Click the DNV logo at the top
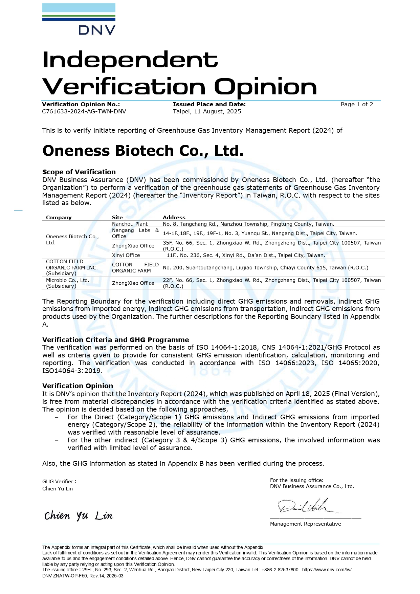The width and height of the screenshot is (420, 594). click(79, 19)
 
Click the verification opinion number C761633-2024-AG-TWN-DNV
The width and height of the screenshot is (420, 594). click(84, 112)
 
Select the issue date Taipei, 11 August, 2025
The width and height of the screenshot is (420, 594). click(207, 112)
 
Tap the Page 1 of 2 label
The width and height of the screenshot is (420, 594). click(357, 105)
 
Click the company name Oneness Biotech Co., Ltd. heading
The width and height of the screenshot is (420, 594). click(143, 151)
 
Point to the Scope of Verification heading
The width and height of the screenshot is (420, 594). click(79, 172)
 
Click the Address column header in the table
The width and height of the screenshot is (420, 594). click(174, 218)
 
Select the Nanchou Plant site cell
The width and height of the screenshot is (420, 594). click(130, 224)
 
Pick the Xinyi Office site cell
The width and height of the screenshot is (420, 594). click(126, 255)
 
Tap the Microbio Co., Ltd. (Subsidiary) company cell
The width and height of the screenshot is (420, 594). click(68, 283)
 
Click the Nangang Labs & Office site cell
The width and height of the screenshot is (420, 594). click(135, 233)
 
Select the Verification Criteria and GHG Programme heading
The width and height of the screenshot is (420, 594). click(115, 340)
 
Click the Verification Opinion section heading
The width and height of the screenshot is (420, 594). click(78, 386)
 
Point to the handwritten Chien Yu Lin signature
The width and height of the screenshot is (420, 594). click(78, 516)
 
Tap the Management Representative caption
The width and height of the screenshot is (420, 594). click(305, 524)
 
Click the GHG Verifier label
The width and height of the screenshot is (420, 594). click(59, 482)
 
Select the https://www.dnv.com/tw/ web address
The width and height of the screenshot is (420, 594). click(327, 570)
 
